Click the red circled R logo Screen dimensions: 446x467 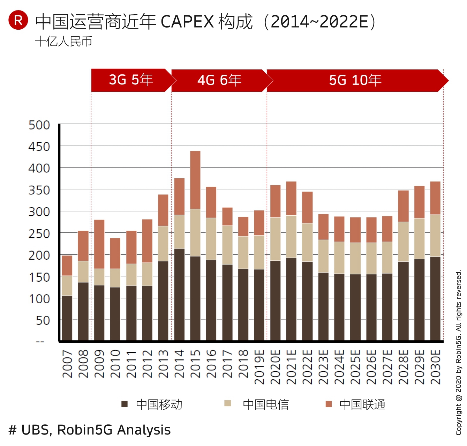coord(18,20)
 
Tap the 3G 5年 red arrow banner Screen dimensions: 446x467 coord(131,80)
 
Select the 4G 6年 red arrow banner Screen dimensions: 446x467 coord(219,81)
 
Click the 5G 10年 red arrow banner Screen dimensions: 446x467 coord(355,81)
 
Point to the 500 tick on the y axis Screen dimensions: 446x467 coord(39,125)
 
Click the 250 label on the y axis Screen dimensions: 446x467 coord(39,233)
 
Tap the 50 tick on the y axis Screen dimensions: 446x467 coord(43,320)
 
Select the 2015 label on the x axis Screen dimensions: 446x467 coord(195,364)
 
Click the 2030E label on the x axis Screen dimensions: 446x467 coord(435,367)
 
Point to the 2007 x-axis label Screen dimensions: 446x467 coord(67,364)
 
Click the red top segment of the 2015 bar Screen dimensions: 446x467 coord(195,180)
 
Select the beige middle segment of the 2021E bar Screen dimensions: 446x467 coord(291,237)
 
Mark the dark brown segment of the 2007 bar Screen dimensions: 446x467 coord(67,318)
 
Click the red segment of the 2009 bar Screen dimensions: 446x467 coord(99,244)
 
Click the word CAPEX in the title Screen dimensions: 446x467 coord(187,22)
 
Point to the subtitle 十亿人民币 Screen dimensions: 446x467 coord(63,42)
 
